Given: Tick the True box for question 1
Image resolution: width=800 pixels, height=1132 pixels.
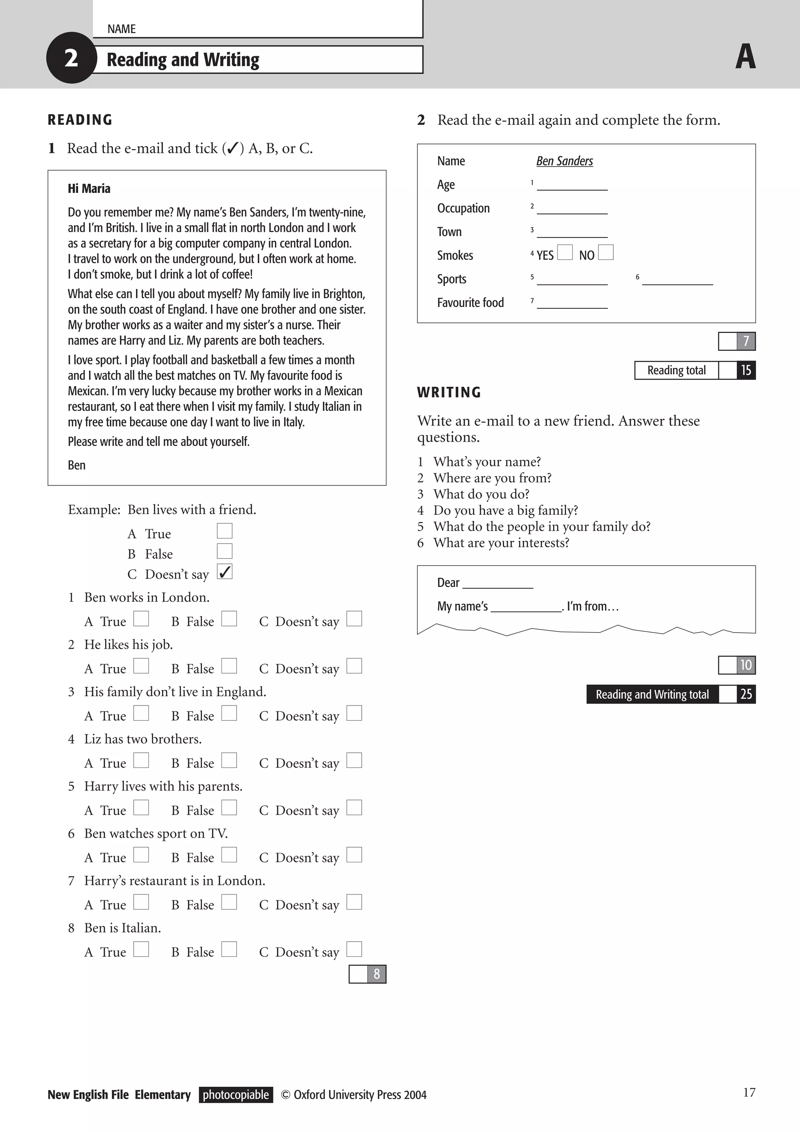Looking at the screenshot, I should click(x=141, y=619).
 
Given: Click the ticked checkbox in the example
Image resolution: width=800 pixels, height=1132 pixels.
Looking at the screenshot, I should click(x=225, y=572).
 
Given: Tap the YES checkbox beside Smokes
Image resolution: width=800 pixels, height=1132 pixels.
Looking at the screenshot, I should click(x=565, y=252).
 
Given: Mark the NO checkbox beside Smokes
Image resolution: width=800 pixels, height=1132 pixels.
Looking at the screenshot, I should click(x=606, y=252).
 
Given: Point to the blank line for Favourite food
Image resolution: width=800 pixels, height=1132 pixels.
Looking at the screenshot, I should click(x=572, y=304).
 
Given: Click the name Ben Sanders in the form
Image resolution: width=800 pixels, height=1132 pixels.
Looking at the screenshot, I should click(x=564, y=161).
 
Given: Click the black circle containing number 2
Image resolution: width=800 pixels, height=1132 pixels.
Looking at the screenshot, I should click(x=71, y=58).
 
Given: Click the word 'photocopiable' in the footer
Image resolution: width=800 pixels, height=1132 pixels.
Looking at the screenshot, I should click(x=236, y=1095).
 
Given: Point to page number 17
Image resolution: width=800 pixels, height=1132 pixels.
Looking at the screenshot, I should click(x=749, y=1093).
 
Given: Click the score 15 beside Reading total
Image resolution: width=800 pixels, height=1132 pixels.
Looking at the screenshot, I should click(x=746, y=370).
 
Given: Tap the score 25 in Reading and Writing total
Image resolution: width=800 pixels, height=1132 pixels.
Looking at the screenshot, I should click(x=746, y=694).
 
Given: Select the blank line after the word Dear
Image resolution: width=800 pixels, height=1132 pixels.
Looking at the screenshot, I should click(x=498, y=584).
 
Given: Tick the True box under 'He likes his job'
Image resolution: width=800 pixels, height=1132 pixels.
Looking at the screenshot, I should click(x=141, y=666).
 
